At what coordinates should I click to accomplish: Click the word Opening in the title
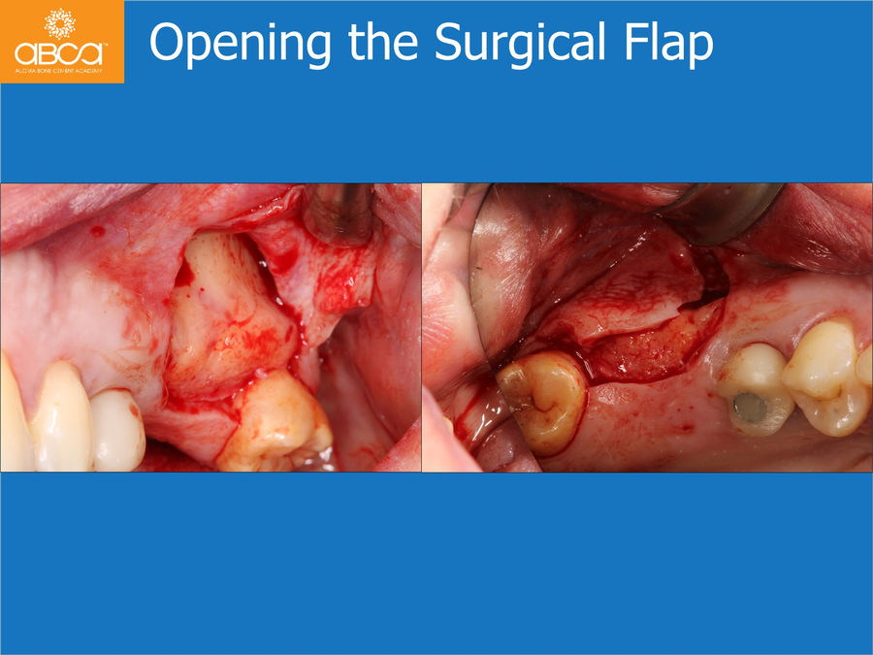[x=241, y=44]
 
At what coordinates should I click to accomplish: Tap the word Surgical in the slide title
[x=519, y=42]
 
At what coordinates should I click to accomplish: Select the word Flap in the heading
[x=668, y=44]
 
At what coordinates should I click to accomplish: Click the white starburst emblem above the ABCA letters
[x=59, y=24]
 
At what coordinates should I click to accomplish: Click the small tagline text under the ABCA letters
[x=58, y=71]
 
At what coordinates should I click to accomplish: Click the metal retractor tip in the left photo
[x=340, y=215]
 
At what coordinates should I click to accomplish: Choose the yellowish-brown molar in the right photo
[x=541, y=402]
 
